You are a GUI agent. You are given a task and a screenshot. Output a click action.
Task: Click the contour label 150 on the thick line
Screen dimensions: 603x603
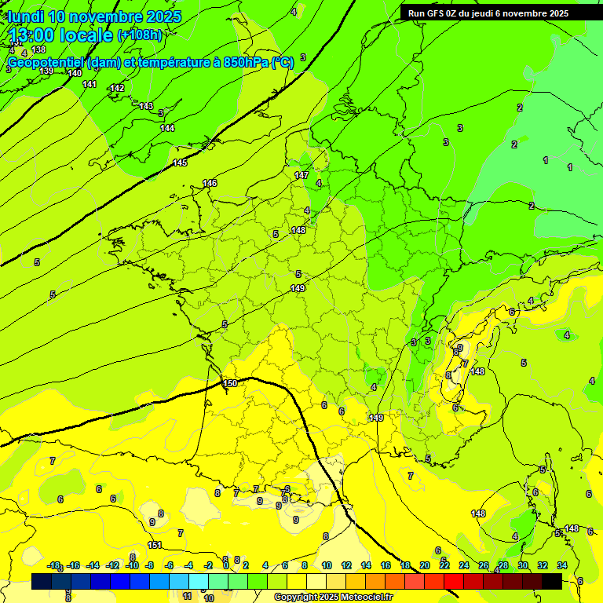point(230,383)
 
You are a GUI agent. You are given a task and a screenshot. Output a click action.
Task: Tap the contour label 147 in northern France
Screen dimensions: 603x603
point(301,175)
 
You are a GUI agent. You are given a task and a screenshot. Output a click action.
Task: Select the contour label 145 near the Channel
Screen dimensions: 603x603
point(180,163)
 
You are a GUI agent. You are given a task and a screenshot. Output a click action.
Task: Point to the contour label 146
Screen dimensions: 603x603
point(210,183)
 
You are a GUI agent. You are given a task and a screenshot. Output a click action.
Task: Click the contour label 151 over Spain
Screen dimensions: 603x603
point(155,545)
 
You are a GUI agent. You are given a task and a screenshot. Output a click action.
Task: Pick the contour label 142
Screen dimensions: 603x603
point(117,88)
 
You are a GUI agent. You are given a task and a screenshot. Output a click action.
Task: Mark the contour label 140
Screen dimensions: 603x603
point(75,73)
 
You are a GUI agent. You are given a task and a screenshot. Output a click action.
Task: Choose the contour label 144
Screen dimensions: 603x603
point(167,128)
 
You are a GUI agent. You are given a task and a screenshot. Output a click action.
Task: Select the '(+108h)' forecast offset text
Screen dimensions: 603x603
point(139,35)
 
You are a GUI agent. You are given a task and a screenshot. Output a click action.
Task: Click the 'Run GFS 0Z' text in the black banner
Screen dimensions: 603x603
point(437,13)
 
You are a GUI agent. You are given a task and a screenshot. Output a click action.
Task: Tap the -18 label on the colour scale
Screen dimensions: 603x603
point(54,565)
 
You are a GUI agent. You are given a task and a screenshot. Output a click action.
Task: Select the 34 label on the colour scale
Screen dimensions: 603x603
point(562,565)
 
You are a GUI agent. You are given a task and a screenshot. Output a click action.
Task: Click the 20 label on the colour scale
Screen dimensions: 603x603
point(425,565)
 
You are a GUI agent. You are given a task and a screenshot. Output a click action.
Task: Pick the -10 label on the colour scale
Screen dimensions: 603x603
point(132,565)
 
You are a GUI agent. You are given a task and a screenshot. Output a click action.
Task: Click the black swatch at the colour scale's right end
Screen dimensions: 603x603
point(552,581)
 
